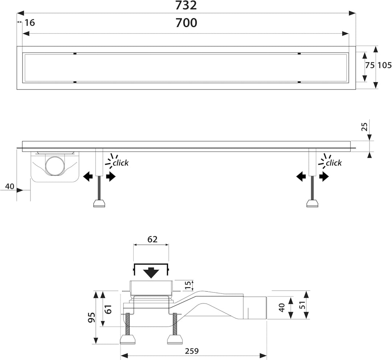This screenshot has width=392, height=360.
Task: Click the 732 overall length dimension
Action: pos(186,5)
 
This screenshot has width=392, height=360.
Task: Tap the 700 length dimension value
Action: pos(186,23)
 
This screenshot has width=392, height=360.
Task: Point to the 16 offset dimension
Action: pos(30,23)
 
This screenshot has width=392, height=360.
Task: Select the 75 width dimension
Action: pos(370,65)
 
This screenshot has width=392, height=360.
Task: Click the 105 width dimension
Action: pos(384,65)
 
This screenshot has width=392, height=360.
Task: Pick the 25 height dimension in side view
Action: pos(365,127)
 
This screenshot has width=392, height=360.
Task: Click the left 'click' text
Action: pos(121,163)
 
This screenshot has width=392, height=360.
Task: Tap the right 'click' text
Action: pos(334,163)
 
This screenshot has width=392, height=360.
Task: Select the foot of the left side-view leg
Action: pos(99,203)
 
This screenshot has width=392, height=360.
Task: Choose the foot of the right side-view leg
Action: pos(313,203)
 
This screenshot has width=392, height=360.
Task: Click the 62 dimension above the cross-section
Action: pos(152,239)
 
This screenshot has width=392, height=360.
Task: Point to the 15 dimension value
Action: pos(189,285)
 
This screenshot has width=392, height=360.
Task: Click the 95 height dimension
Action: pos(92,317)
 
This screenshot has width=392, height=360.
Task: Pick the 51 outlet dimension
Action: pos(302,305)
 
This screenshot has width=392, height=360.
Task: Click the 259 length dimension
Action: pos(192,351)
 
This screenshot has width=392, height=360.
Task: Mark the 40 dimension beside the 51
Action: pos(282,307)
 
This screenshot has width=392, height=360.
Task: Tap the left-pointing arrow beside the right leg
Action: pos(301,177)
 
